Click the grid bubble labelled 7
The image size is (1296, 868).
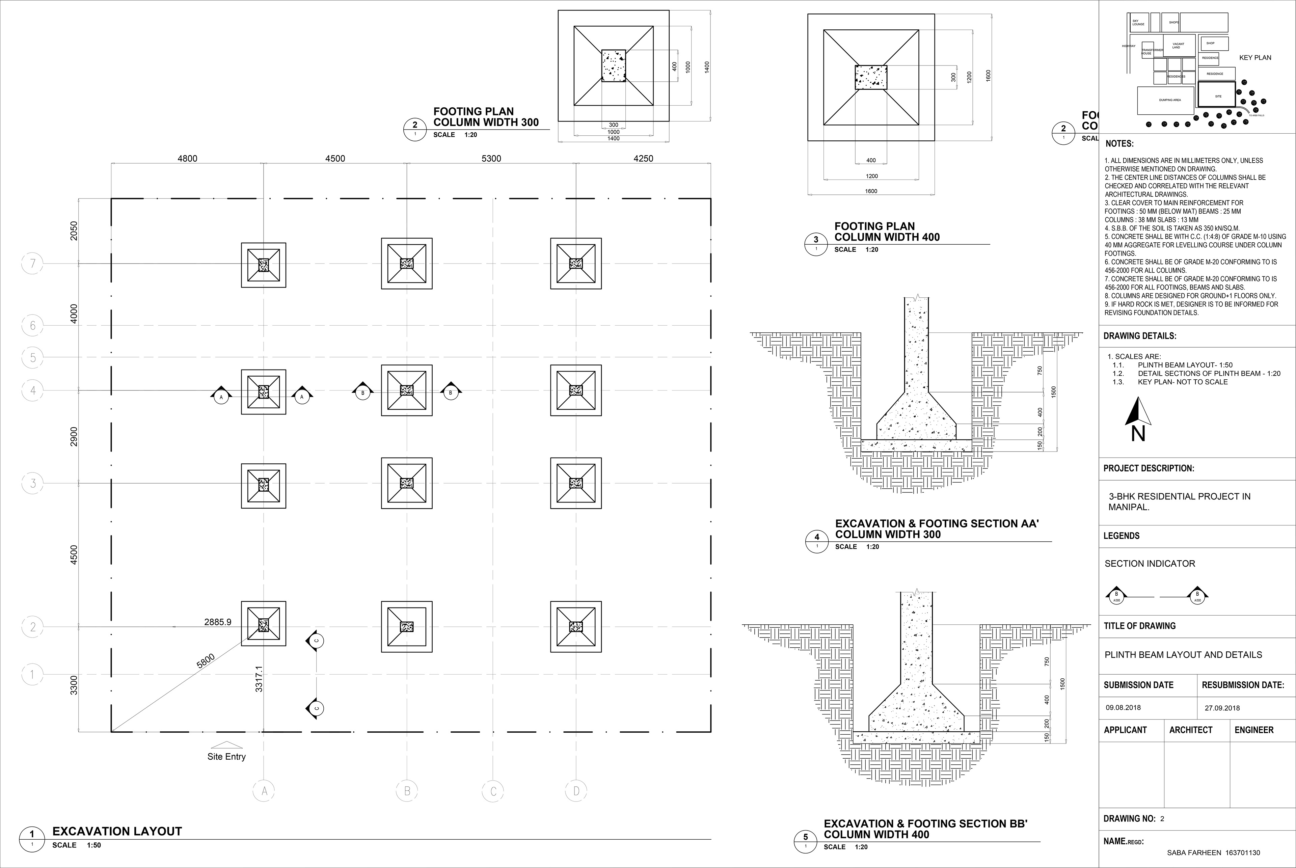coord(33,264)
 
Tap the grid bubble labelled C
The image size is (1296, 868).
coord(493,791)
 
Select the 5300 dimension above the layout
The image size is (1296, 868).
coord(491,159)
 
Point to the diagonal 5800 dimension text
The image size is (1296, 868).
coord(206,661)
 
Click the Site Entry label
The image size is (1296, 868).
coord(226,757)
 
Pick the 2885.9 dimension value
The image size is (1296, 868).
coord(218,622)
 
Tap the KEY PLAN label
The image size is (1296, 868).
coord(1255,58)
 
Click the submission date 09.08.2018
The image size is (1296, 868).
coord(1123,707)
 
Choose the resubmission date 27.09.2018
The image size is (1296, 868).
coord(1222,708)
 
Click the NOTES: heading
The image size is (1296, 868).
coord(1119,144)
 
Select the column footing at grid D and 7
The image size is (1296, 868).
coord(576,264)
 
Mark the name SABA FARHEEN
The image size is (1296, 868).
coord(1194,853)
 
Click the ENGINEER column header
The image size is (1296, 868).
coord(1254,730)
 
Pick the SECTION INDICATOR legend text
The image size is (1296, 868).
coord(1150,564)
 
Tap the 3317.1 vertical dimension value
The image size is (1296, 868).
coord(259,679)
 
